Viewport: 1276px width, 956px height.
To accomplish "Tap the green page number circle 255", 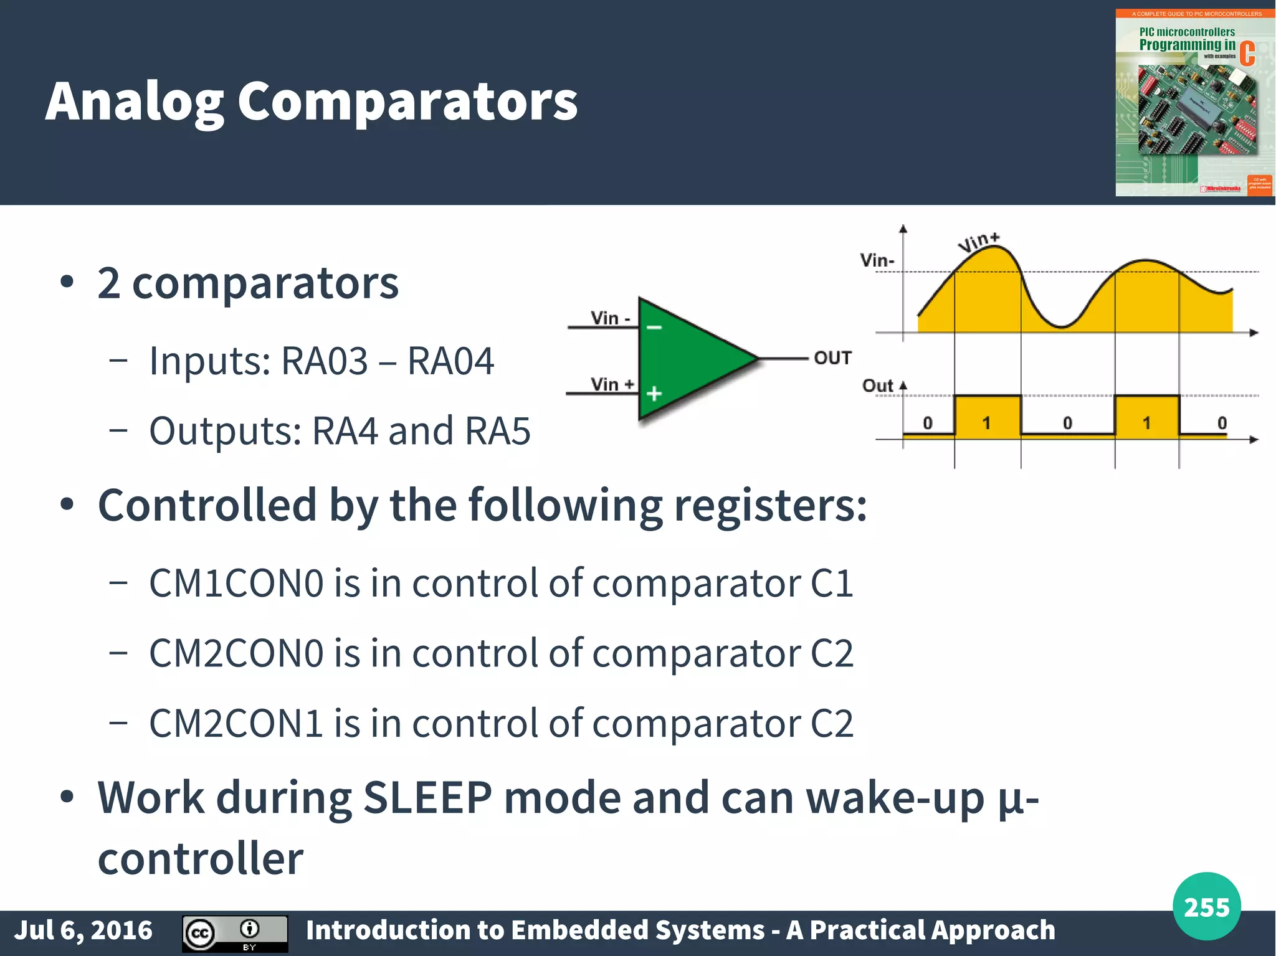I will click(1206, 907).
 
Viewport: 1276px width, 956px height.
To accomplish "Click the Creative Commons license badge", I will click(235, 933).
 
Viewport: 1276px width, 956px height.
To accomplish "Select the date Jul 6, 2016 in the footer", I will click(83, 930).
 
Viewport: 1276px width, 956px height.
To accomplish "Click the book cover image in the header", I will click(1194, 103).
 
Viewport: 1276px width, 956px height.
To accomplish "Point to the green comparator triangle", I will click(685, 359).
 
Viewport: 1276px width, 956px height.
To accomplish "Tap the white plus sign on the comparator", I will click(654, 394).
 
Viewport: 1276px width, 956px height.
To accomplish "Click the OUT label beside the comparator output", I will click(832, 358).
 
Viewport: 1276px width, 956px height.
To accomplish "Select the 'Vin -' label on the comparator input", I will click(610, 318).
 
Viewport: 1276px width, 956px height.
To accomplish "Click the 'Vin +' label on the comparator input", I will click(612, 384).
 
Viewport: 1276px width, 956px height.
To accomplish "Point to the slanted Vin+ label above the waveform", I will click(979, 242).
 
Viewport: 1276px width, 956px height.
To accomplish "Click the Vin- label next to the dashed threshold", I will click(877, 260).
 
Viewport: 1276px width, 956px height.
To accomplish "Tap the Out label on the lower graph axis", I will click(877, 386).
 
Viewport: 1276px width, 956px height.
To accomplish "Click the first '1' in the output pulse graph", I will click(986, 424).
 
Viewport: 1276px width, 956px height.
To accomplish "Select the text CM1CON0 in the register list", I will click(236, 584).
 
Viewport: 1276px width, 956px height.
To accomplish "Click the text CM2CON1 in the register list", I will click(236, 724).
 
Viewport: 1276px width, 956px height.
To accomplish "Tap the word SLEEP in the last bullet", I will click(427, 797).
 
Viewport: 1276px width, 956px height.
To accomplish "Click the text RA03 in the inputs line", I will click(325, 361).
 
